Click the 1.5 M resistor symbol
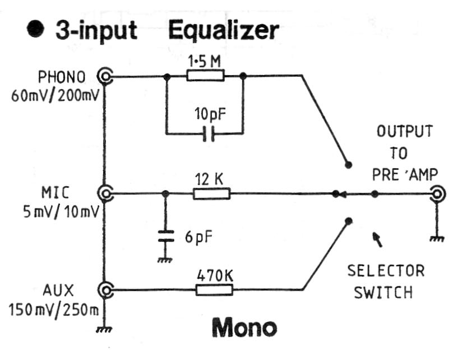205,75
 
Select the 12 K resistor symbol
211,194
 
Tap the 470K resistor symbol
214,290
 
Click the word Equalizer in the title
223,30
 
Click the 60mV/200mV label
55,94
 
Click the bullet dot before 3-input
36,30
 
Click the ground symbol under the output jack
437,238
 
